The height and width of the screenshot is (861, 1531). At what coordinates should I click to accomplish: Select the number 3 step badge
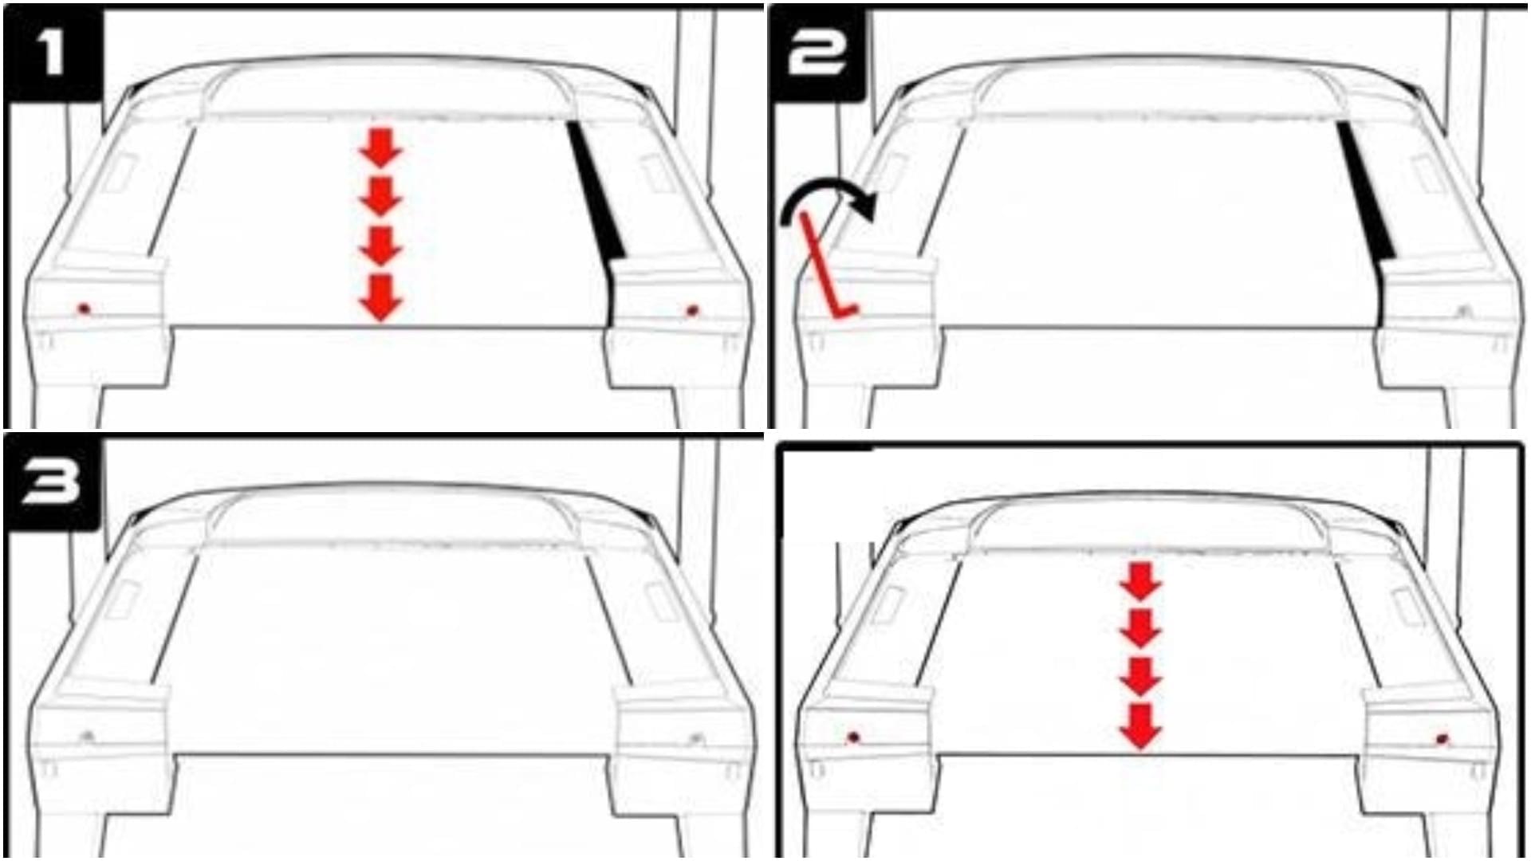tap(53, 482)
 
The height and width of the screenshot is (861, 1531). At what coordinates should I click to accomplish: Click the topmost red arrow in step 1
tap(381, 147)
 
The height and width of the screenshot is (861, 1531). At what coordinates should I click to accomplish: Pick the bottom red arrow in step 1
tap(381, 297)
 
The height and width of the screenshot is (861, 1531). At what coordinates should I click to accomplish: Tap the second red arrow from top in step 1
tap(381, 196)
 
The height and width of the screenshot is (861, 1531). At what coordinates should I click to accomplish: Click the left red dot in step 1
tap(84, 309)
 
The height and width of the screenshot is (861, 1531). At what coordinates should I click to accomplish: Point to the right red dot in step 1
tap(691, 310)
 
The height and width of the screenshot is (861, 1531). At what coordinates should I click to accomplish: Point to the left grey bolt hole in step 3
tap(88, 737)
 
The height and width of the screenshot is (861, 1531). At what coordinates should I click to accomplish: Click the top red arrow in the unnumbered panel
tap(1140, 581)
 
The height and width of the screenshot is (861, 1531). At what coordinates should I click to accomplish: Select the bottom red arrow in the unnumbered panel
tap(1140, 726)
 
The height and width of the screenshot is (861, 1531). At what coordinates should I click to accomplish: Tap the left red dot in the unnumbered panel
tap(854, 737)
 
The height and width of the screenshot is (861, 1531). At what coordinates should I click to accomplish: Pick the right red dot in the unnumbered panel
tap(1442, 739)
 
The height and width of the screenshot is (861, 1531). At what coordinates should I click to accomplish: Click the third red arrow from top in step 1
tap(381, 246)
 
